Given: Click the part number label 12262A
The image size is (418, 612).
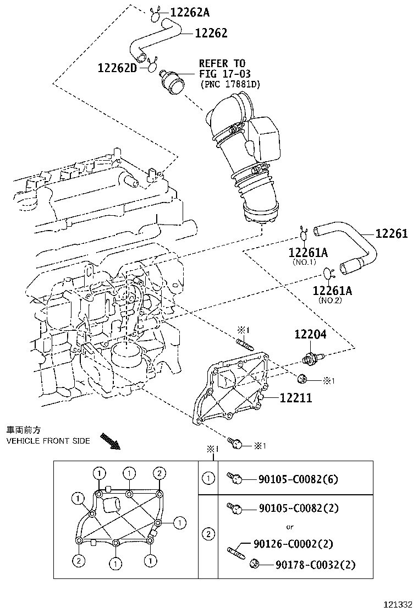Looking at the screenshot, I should pos(190,12).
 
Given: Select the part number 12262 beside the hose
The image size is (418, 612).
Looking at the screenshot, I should pos(211,34).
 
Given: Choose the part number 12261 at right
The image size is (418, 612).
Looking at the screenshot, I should pos(392,233).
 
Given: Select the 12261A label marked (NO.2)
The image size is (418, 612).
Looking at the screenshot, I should pos(332,290).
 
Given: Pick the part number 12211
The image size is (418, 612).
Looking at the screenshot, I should pos(295,398).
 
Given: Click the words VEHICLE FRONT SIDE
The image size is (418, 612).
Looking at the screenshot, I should pos(48,441).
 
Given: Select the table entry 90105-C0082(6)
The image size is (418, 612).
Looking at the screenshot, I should pos(298,479).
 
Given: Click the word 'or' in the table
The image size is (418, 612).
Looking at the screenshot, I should pos(289,527).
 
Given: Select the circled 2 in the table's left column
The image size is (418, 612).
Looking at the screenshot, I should pos(208,533).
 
